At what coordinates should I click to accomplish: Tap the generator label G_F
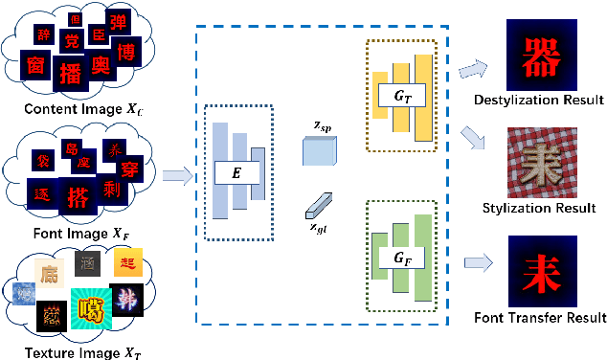point(392,259)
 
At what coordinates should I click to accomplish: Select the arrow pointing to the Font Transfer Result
point(478,260)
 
